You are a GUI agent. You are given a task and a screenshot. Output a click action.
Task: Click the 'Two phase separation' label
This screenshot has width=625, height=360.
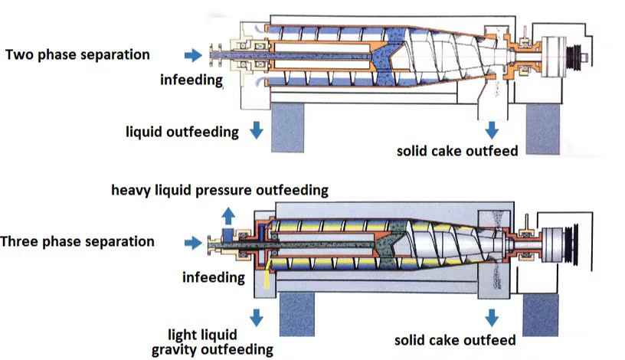click(x=77, y=55)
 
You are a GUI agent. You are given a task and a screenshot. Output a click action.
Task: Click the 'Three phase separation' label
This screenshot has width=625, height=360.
click(x=77, y=242)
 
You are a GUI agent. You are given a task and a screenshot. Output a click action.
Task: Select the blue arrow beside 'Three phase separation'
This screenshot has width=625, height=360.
click(x=191, y=243)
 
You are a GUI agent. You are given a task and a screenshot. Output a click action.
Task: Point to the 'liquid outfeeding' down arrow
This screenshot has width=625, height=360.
click(x=257, y=131)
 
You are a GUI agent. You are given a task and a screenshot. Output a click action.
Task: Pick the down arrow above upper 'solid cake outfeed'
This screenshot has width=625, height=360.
click(x=493, y=129)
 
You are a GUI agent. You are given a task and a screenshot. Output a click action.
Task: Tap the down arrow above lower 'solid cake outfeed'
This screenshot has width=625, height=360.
click(x=493, y=316)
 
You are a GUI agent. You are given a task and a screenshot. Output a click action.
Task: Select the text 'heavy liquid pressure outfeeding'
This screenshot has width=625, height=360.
click(x=220, y=190)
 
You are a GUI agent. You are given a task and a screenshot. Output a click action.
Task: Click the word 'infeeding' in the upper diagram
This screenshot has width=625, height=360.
click(x=191, y=79)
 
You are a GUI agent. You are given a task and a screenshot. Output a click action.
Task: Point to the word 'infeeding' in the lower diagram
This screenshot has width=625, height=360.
click(x=214, y=277)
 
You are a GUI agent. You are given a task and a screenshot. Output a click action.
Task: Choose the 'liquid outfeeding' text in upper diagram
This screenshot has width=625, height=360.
click(x=182, y=132)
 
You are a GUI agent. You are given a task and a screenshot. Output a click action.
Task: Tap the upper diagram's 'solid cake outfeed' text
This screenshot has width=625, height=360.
click(x=456, y=151)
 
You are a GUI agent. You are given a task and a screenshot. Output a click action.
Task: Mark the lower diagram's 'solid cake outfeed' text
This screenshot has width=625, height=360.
click(x=455, y=339)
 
